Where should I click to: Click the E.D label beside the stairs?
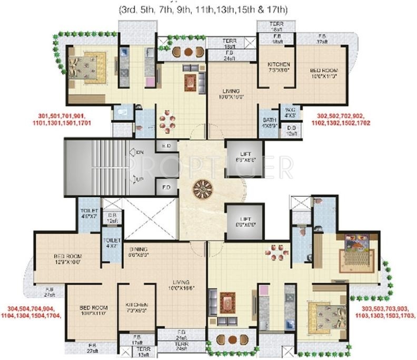pyautogui.click(x=165, y=146)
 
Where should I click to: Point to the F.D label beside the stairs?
pyautogui.click(x=165, y=187)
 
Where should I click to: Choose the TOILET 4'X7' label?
pyautogui.click(x=111, y=242)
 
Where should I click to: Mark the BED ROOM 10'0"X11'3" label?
pyautogui.click(x=323, y=73)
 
